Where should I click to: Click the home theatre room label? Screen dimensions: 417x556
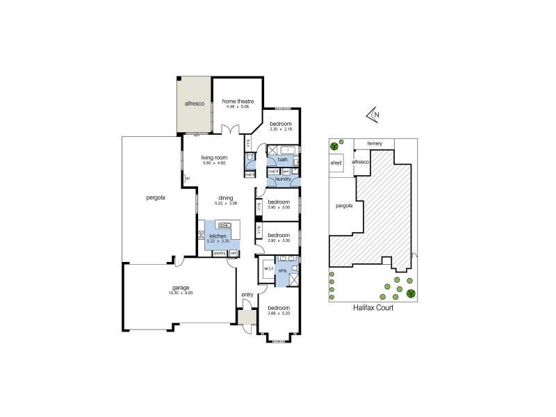(238, 102)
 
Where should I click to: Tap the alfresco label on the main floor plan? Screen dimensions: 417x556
(193, 104)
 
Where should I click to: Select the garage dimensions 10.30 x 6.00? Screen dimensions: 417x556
(181, 293)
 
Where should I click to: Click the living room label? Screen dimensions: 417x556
(215, 158)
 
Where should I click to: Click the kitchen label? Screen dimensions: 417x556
(218, 236)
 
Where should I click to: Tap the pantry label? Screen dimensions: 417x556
(220, 253)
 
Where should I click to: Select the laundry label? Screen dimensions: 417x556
(283, 179)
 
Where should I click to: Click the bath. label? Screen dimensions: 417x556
(283, 159)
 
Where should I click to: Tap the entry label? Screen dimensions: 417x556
(247, 295)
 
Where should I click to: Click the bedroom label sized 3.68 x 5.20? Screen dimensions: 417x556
(279, 308)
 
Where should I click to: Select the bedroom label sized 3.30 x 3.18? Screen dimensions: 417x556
(281, 124)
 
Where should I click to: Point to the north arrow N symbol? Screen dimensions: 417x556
(375, 115)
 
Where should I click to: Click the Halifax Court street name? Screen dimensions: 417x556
(373, 308)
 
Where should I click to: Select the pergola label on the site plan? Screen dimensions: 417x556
(343, 206)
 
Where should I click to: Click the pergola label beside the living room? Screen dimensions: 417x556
(147, 197)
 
